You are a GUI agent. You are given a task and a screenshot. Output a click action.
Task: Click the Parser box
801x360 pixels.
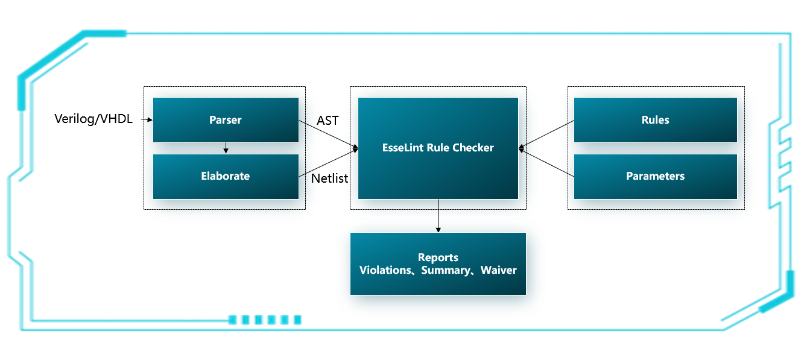tap(226, 120)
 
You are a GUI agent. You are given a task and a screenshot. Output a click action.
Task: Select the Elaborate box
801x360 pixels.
tap(226, 176)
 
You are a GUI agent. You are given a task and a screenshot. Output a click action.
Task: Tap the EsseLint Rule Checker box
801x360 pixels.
tap(438, 148)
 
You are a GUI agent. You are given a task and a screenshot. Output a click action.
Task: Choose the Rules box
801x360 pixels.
tap(655, 120)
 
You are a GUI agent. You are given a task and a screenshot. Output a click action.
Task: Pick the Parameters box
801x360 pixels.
tap(655, 176)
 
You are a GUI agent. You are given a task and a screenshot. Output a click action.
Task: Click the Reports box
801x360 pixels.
tap(438, 264)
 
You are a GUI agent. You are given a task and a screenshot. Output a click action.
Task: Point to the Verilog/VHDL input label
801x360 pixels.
tap(93, 119)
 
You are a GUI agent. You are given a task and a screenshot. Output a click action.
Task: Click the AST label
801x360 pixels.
tap(328, 121)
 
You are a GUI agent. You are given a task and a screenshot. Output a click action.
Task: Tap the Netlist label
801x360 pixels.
tap(330, 178)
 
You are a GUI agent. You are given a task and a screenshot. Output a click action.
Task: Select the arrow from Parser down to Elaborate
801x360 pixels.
tap(225, 148)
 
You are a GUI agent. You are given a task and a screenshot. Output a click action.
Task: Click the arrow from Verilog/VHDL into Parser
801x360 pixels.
tap(146, 120)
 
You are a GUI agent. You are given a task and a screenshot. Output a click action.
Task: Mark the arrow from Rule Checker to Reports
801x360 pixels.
tap(438, 215)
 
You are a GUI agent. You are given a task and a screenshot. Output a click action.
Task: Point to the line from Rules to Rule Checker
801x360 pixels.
tap(546, 134)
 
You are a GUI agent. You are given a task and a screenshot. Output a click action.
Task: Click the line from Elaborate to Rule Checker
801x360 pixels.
tap(329, 162)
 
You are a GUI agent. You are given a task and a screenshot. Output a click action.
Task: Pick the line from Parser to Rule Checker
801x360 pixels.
tap(329, 134)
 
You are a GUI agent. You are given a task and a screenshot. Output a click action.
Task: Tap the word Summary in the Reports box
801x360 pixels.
tap(445, 270)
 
